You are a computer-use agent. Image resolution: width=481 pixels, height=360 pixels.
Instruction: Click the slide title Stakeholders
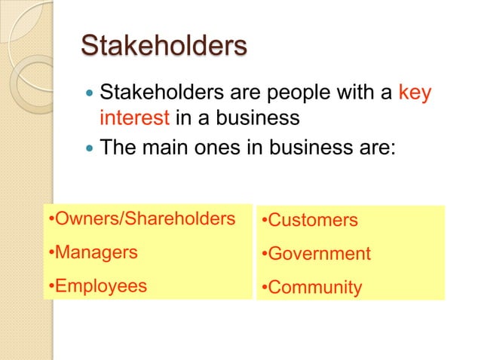coord(164,46)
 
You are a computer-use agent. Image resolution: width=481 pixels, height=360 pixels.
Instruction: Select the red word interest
coord(135,118)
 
